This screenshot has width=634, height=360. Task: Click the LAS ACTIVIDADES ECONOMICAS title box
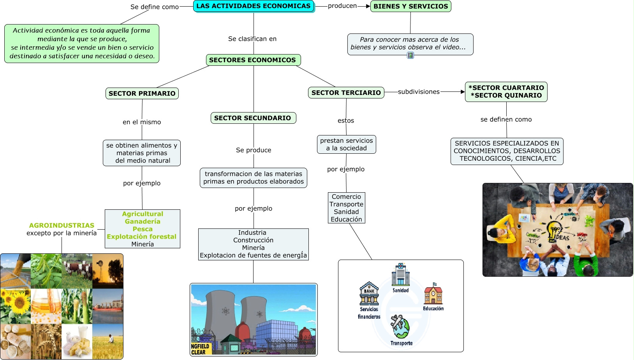(254, 6)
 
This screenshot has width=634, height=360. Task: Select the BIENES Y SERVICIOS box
(410, 6)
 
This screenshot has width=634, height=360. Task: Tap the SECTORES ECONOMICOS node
(253, 60)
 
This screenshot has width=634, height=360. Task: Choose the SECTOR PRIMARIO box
(142, 93)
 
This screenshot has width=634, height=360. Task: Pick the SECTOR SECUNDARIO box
(253, 118)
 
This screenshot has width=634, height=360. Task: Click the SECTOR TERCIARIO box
(346, 93)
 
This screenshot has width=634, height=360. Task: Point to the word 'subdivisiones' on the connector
(419, 92)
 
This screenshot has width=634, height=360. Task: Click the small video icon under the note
(410, 55)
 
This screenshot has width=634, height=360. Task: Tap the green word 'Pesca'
(143, 229)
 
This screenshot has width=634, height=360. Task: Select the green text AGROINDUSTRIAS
(62, 225)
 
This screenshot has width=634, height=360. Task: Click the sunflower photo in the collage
(16, 306)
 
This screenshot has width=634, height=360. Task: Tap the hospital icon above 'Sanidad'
(400, 274)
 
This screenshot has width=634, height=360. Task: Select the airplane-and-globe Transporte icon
(401, 327)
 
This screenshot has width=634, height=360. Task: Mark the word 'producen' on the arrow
(342, 6)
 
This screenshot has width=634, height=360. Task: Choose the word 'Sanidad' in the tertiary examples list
(346, 212)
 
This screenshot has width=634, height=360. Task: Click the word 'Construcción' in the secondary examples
(253, 240)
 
